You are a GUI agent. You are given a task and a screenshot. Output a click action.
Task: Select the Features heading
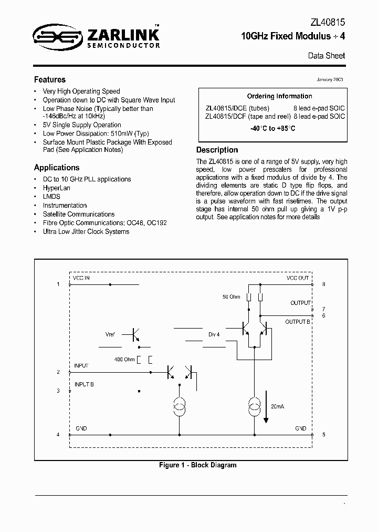50,80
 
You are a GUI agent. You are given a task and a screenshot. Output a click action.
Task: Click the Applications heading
57,168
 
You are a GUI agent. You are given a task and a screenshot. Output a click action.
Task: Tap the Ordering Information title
279,96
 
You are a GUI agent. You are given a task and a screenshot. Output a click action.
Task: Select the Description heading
217,150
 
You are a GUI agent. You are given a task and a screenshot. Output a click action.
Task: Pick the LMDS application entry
51,197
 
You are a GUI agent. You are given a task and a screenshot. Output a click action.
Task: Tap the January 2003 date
330,79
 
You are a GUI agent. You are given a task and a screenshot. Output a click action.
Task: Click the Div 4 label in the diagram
214,334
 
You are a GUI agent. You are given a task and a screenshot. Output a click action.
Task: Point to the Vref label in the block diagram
110,334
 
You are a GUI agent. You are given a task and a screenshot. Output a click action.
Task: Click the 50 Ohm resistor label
231,297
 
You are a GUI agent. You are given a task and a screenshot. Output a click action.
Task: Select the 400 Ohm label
124,359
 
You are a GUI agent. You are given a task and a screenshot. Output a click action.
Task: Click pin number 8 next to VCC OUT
324,284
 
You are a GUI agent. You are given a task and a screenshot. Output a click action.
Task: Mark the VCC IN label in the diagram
82,278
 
